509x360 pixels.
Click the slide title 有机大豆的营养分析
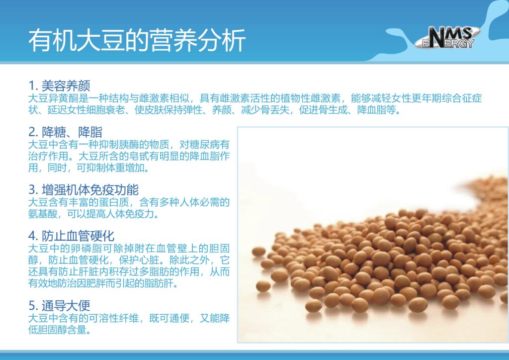click(x=137, y=41)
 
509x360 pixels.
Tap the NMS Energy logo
click(x=447, y=37)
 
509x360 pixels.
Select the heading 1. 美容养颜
click(x=59, y=86)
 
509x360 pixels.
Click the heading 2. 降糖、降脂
click(x=65, y=132)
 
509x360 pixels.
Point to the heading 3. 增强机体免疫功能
click(x=84, y=190)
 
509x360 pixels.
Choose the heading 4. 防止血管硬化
click(x=72, y=236)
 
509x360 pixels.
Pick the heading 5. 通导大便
click(x=59, y=305)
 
